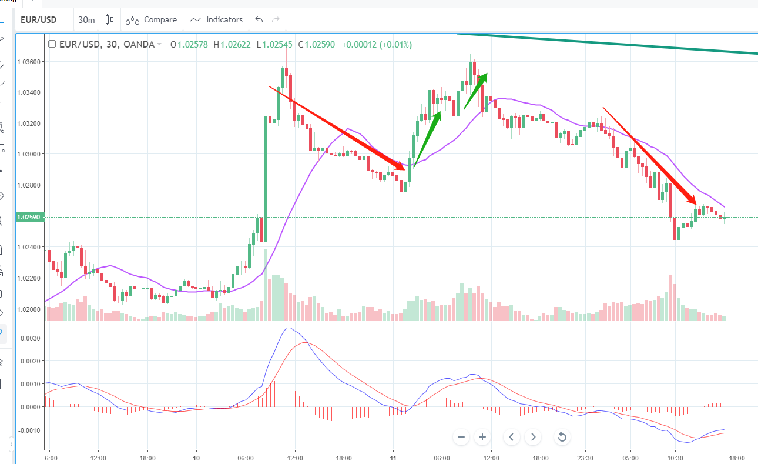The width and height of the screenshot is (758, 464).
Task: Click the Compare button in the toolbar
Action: pyautogui.click(x=152, y=19)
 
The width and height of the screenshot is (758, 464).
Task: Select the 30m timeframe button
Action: pyautogui.click(x=86, y=20)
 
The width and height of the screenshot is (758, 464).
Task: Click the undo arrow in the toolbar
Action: pyautogui.click(x=259, y=19)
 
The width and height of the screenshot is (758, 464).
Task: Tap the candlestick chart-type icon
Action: pyautogui.click(x=109, y=19)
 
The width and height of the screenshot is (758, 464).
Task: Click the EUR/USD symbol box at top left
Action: pyautogui.click(x=39, y=20)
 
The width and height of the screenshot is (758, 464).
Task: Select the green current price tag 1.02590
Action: pyautogui.click(x=29, y=218)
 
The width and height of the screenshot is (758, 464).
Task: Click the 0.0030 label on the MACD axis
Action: pyautogui.click(x=31, y=338)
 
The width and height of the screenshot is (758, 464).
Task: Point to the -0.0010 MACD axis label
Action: pyautogui.click(x=29, y=430)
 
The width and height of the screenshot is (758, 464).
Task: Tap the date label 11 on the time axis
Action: pyautogui.click(x=393, y=458)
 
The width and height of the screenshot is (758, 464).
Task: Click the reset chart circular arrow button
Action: pyautogui.click(x=562, y=437)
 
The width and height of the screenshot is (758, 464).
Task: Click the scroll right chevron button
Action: pyautogui.click(x=534, y=437)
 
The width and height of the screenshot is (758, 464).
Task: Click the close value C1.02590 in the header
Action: pyautogui.click(x=317, y=44)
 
